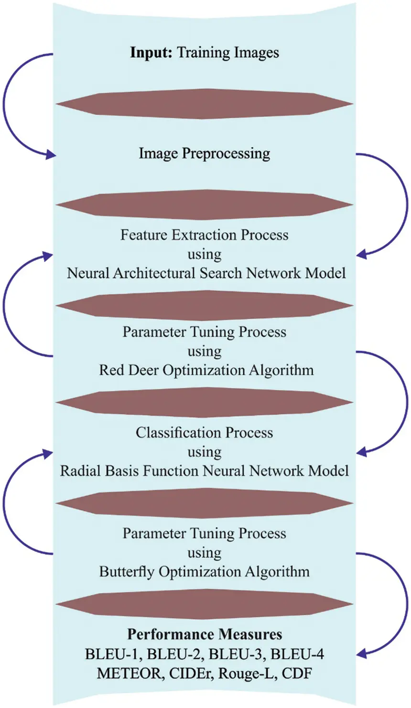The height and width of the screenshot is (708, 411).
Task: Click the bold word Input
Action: (x=151, y=52)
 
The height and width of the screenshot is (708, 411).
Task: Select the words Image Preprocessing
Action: (x=205, y=153)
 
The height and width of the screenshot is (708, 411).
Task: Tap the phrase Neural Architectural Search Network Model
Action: (x=206, y=273)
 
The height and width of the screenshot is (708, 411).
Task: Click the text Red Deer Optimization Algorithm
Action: (x=206, y=370)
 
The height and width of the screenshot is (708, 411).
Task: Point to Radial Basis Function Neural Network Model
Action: (x=205, y=471)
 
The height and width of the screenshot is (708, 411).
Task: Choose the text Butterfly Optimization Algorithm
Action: (x=205, y=572)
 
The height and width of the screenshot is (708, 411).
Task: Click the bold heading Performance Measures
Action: (x=205, y=634)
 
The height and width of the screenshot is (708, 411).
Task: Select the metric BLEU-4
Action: (x=301, y=654)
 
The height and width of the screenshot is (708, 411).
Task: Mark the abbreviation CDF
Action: (x=297, y=674)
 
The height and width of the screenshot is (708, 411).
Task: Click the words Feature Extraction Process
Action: (x=205, y=235)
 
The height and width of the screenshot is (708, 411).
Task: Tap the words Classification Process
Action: (x=205, y=433)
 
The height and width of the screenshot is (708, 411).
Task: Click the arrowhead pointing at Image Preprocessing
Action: (x=51, y=155)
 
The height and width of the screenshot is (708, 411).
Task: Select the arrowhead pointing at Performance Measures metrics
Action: (x=362, y=653)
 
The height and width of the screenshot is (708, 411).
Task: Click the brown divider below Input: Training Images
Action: (x=205, y=104)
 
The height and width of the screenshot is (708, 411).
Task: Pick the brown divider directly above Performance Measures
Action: (x=205, y=604)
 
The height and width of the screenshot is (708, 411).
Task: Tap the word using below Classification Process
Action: (x=205, y=452)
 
